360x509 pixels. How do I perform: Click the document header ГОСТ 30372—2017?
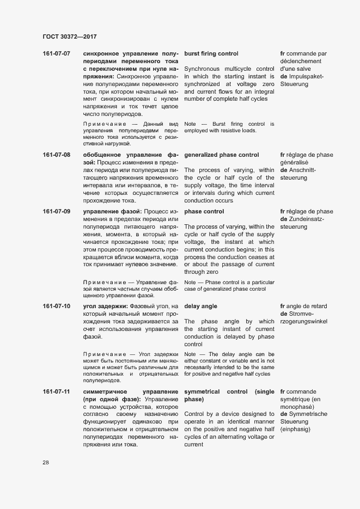(69, 36)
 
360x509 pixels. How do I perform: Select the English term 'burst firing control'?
(211, 54)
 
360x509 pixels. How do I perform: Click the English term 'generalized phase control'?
(222, 155)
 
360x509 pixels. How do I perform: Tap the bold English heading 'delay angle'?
(201, 306)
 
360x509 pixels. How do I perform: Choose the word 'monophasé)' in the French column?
(297, 407)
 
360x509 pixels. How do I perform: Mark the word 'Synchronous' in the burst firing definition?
(202, 69)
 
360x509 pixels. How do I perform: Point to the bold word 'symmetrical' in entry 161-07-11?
(202, 392)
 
